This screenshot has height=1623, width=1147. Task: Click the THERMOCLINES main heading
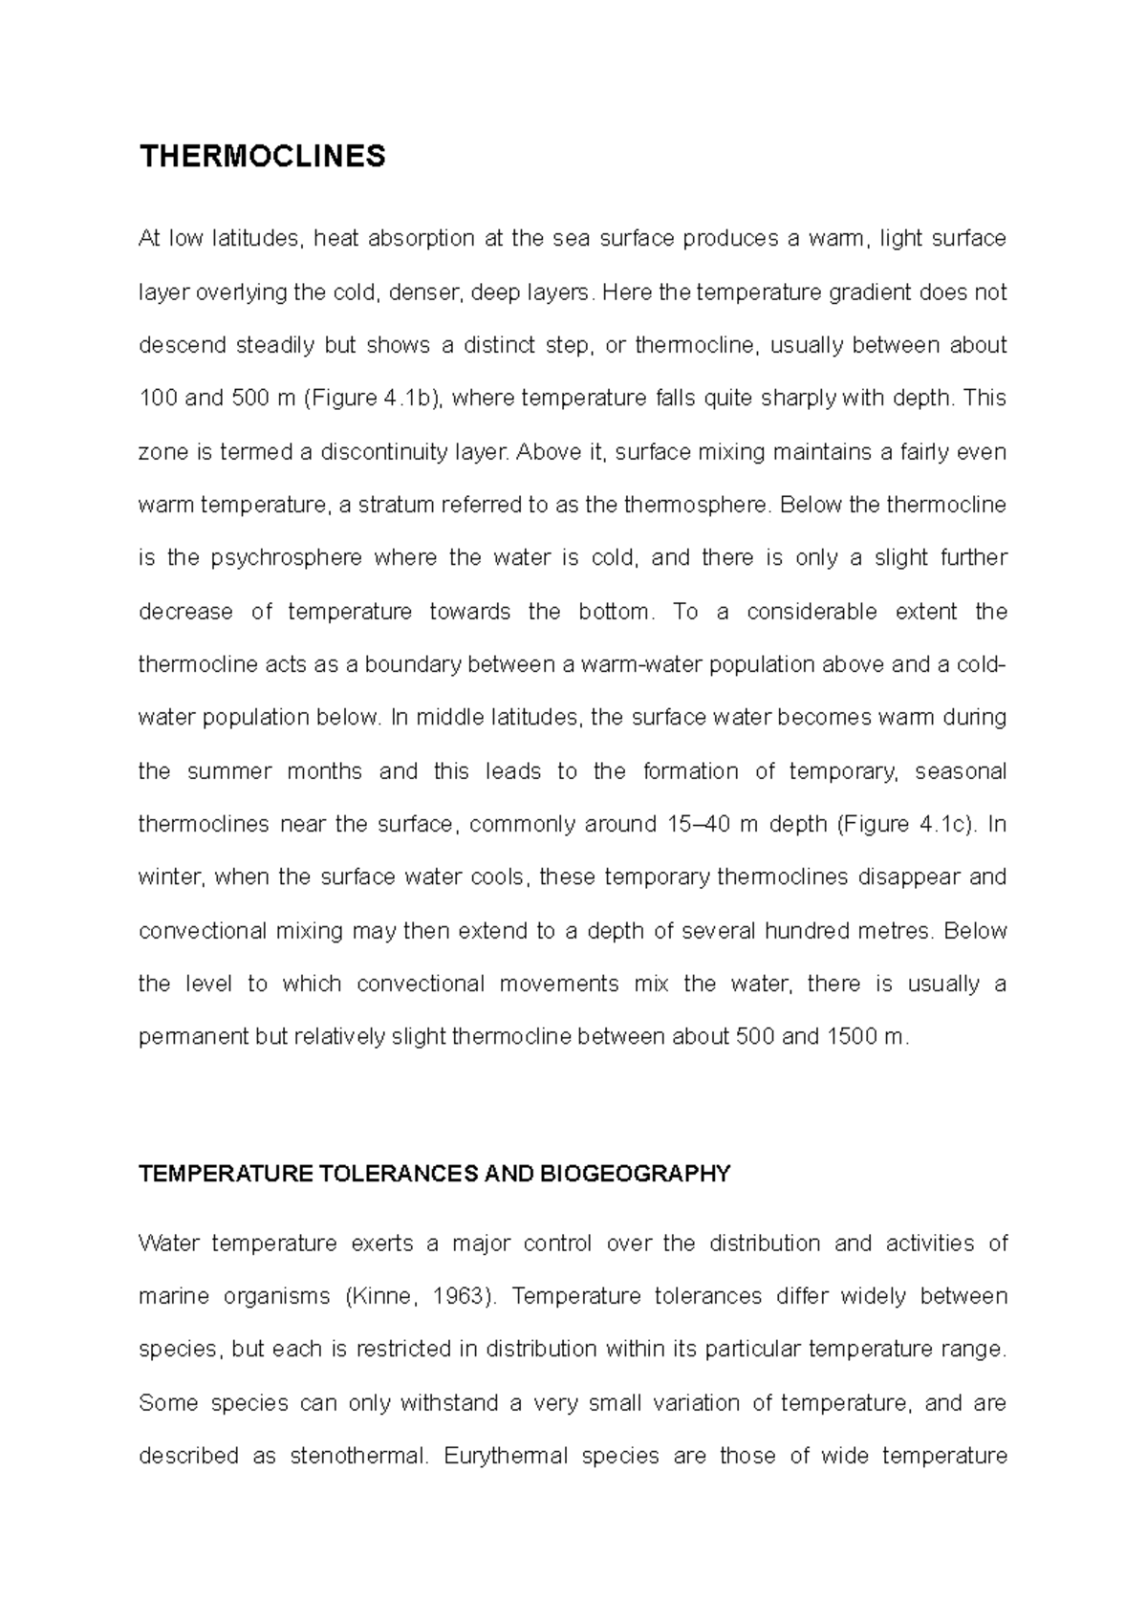(x=262, y=156)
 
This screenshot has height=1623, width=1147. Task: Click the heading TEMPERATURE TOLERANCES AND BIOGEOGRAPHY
(x=434, y=1174)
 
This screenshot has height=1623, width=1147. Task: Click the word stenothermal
(x=357, y=1457)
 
